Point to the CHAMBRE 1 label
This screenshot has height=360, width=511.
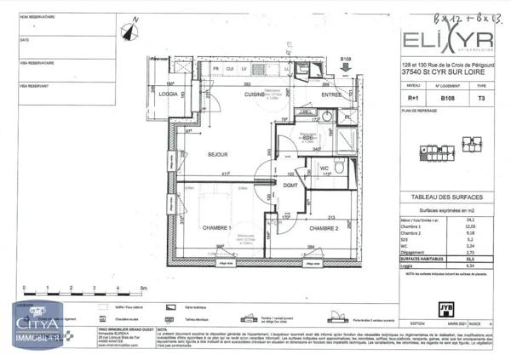[x=219, y=229]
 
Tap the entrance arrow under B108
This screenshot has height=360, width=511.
[x=345, y=69]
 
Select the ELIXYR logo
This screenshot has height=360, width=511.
[x=446, y=41]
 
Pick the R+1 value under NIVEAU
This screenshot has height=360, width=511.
[x=413, y=98]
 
